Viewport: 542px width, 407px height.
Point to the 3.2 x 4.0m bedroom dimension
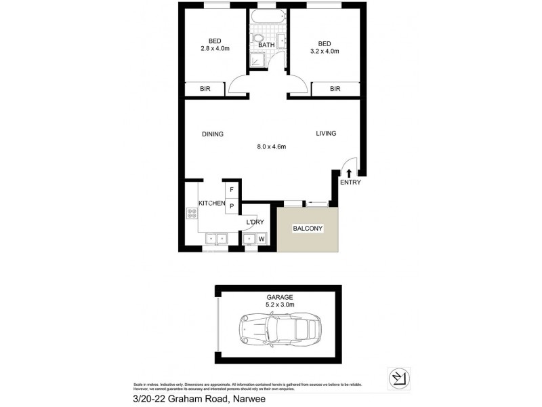324,51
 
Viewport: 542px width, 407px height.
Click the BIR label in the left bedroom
204,89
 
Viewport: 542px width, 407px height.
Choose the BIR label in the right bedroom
335,89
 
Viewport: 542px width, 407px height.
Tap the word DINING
212,134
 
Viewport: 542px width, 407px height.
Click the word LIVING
326,134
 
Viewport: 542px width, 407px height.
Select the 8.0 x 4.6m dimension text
272,147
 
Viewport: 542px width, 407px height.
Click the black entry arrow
350,174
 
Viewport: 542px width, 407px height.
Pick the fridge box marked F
232,190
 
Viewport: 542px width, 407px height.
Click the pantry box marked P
232,206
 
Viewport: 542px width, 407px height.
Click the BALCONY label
308,229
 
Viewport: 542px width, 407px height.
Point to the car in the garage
278,330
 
